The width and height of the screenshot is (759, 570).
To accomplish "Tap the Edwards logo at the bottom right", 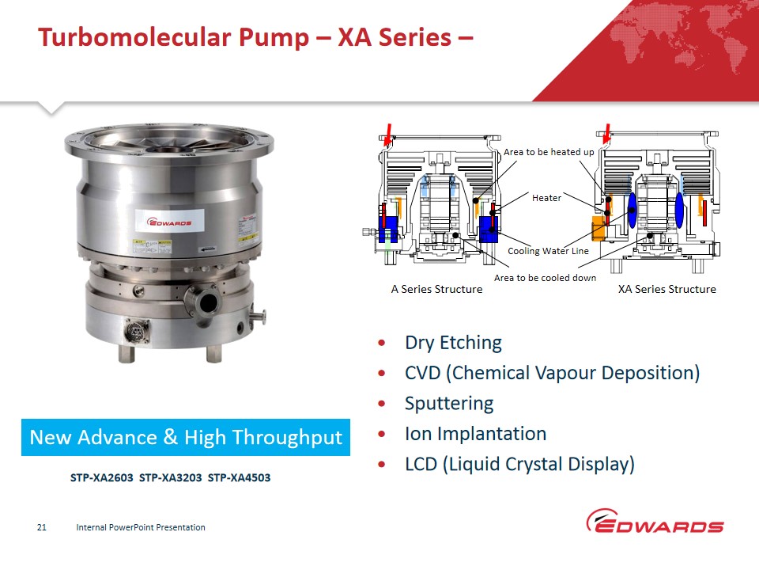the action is pyautogui.click(x=655, y=521).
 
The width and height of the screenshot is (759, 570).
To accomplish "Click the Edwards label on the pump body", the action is pyautogui.click(x=169, y=222).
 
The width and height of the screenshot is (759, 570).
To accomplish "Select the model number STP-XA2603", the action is pyautogui.click(x=102, y=477).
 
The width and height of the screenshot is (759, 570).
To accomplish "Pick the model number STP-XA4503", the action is pyautogui.click(x=239, y=477).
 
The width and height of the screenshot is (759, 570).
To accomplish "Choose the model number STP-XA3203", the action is pyautogui.click(x=171, y=477).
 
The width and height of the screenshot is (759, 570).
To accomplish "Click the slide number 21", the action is pyautogui.click(x=42, y=527).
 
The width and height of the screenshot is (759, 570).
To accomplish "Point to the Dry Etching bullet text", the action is pyautogui.click(x=453, y=343).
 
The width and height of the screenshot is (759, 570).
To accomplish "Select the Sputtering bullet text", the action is pyautogui.click(x=449, y=403).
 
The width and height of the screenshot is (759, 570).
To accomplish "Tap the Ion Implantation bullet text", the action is pyautogui.click(x=475, y=433).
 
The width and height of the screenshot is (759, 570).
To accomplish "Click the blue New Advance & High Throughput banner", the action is pyautogui.click(x=185, y=437).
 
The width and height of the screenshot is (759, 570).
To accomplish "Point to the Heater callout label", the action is pyautogui.click(x=546, y=198).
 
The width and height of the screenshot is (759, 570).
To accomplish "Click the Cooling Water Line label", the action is pyautogui.click(x=548, y=251).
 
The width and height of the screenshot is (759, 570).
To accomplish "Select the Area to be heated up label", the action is pyautogui.click(x=549, y=152).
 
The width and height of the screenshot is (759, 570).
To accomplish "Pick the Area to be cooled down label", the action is pyautogui.click(x=545, y=278).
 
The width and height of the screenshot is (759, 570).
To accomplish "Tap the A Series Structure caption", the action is pyautogui.click(x=436, y=289).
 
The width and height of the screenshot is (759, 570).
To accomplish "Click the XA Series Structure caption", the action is pyautogui.click(x=666, y=289).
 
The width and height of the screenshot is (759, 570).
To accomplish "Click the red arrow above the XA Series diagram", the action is pyautogui.click(x=606, y=135).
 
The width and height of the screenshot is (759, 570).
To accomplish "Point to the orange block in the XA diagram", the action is pyautogui.click(x=599, y=228).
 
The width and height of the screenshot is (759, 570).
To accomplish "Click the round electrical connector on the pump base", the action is pyautogui.click(x=136, y=332).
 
